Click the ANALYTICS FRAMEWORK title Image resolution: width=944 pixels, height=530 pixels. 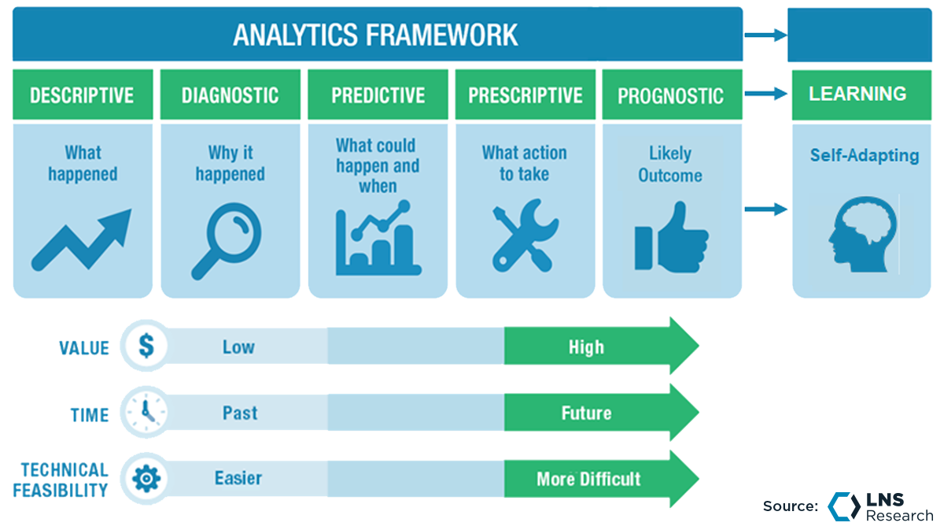point(375,35)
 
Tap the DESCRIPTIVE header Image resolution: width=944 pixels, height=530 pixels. point(82,96)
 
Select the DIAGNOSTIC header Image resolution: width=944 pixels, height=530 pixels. point(230,96)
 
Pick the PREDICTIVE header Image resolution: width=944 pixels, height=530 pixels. point(377,96)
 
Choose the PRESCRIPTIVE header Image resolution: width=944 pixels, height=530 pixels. point(525,96)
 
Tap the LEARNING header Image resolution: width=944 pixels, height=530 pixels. point(857,94)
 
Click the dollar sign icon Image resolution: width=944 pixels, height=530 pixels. point(146,347)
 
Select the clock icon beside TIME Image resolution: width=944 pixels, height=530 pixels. point(146,412)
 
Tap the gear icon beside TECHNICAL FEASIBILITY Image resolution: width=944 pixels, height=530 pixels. point(146,478)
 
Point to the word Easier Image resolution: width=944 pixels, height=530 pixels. point(238,478)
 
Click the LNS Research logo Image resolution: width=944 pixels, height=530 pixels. point(879,506)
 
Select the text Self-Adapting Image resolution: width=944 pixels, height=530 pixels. point(865,155)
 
